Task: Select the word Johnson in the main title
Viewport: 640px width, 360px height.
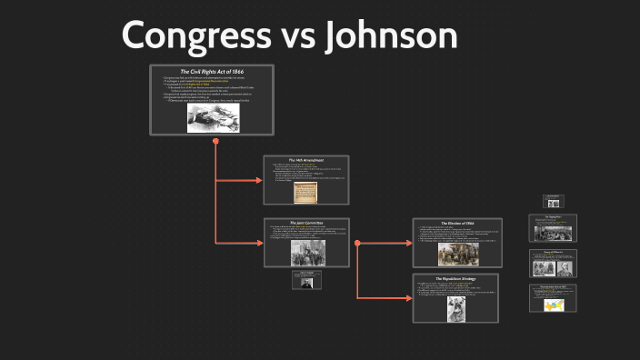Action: click(395, 35)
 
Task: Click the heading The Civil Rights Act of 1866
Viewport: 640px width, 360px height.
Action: click(212, 71)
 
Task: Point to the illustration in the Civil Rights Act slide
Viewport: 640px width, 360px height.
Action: click(213, 116)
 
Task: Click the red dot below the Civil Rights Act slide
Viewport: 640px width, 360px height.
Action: click(215, 142)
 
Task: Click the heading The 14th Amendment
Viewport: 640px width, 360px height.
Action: click(306, 160)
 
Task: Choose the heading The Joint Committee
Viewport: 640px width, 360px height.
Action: click(306, 222)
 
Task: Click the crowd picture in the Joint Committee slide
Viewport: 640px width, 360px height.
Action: click(306, 253)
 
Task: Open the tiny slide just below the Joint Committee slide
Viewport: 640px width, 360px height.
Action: click(306, 280)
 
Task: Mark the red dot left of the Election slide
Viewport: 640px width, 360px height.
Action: click(357, 243)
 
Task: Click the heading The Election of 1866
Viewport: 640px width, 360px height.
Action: click(455, 223)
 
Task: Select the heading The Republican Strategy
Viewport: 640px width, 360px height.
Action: click(455, 277)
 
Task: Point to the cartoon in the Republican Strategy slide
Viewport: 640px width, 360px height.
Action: click(455, 308)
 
